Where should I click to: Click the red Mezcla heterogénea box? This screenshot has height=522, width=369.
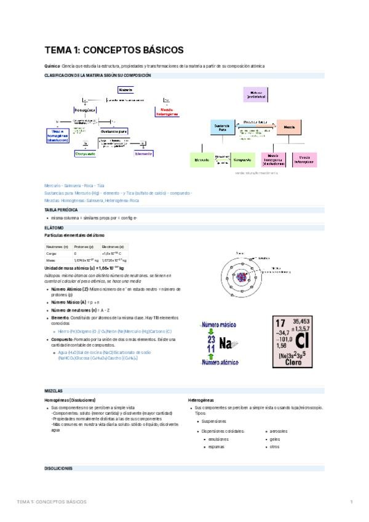167,111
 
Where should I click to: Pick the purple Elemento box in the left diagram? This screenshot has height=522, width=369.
144,154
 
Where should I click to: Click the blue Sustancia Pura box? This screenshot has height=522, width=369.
223,128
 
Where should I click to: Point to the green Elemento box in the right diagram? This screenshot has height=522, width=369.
202,159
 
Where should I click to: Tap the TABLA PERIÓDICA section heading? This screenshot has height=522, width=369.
61,210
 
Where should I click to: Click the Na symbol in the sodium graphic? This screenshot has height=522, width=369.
225,343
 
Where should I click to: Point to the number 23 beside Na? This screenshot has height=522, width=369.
211,339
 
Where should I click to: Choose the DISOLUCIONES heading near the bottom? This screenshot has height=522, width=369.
59,468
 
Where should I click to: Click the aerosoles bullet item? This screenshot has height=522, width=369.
278,431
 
